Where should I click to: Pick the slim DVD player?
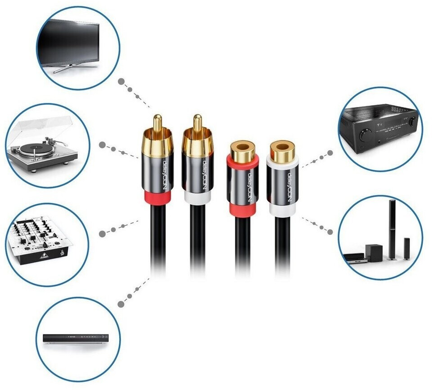click(77, 338)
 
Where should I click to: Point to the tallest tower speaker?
click(392, 229)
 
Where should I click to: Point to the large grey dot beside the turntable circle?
click(102, 145)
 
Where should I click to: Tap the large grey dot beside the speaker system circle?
click(330, 232)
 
